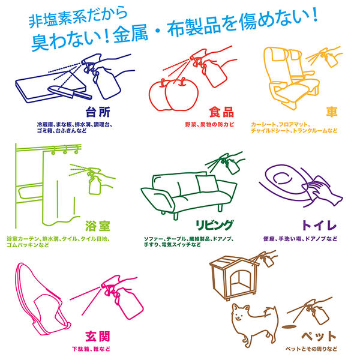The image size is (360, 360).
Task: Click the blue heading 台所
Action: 100,112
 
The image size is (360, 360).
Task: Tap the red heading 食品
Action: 220,112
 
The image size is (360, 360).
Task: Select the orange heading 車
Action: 332,112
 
